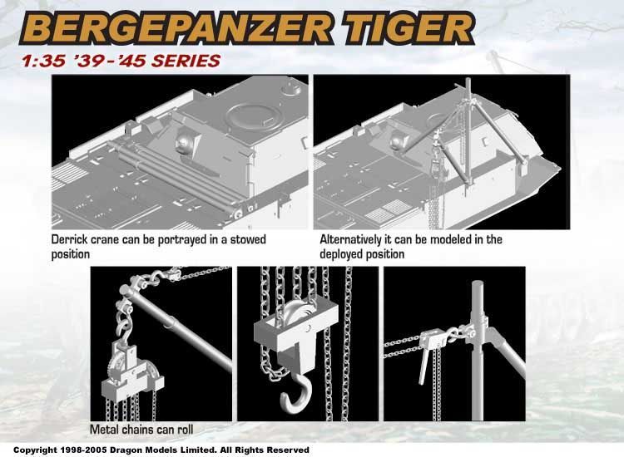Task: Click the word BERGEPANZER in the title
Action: (175, 28)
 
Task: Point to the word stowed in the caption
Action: (248, 239)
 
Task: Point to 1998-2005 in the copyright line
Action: (83, 450)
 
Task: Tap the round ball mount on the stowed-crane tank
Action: (184, 141)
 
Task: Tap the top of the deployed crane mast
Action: (468, 81)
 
